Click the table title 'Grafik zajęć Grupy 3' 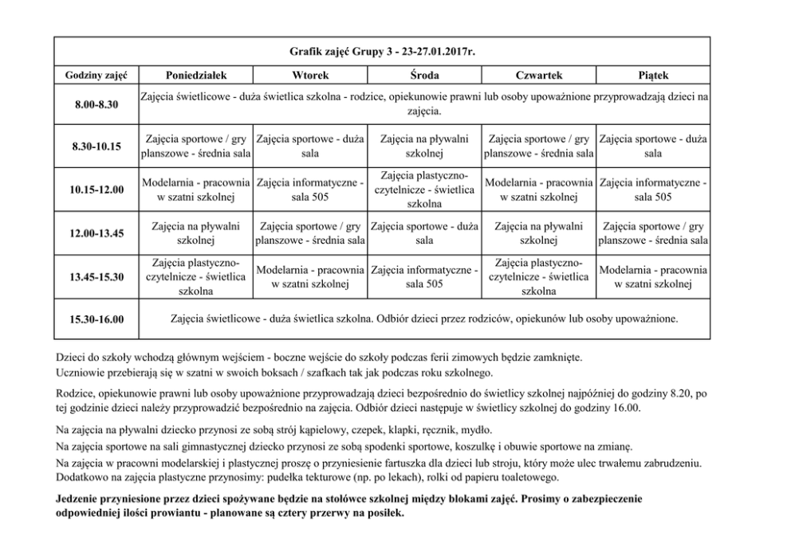click(x=382, y=51)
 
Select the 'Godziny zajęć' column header click(x=96, y=75)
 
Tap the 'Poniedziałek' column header click(x=195, y=75)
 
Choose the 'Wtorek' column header click(x=310, y=75)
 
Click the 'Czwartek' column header click(x=539, y=75)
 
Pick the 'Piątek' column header click(x=653, y=75)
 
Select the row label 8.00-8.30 click(x=96, y=104)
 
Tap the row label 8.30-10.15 click(x=96, y=147)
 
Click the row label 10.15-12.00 click(x=96, y=190)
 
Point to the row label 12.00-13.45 click(x=96, y=233)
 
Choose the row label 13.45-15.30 click(x=96, y=277)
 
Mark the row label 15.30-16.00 click(x=96, y=320)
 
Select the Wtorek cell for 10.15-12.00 click(x=310, y=190)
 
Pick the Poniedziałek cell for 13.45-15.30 click(x=195, y=277)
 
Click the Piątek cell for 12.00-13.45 click(x=653, y=233)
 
